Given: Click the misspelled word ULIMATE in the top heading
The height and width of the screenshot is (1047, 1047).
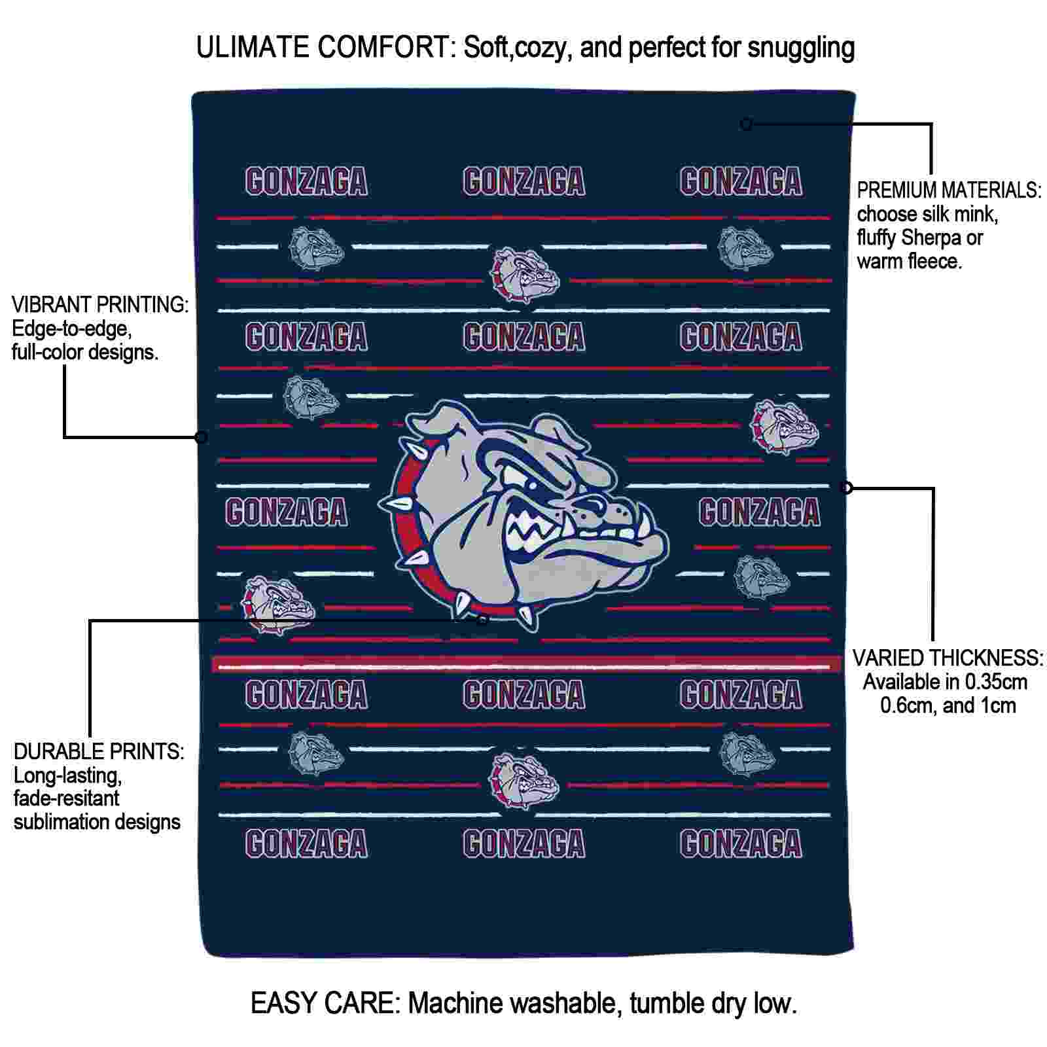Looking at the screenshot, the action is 253,48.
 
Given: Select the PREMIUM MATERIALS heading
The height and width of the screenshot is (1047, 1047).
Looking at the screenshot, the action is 949,190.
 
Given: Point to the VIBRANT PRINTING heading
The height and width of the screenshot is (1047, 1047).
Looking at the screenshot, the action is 100,304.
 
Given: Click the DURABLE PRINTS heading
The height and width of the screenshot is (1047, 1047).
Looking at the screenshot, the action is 99,751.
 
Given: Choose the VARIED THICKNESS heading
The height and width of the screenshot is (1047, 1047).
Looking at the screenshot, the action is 948,658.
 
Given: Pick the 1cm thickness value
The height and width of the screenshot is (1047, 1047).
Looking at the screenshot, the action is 997,705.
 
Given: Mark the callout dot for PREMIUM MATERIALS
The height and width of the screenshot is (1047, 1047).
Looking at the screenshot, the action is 746,124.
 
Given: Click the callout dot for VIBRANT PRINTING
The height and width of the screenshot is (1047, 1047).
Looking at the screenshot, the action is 202,436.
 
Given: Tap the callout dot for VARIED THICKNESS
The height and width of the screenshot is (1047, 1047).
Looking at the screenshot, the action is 846,487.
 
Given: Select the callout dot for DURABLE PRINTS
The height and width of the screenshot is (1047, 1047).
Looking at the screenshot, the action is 482,619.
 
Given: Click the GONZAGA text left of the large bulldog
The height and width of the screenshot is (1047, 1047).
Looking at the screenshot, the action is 287,512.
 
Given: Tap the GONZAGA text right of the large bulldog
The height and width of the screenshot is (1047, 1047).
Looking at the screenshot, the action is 759,512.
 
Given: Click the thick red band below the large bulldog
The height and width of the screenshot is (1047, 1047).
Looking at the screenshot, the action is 526,664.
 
